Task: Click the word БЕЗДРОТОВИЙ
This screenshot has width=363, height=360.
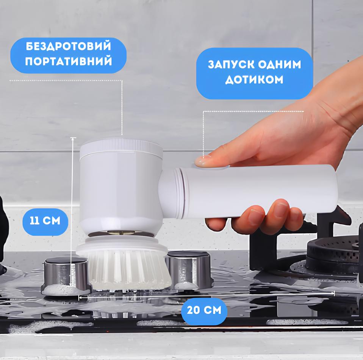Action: tap(68, 46)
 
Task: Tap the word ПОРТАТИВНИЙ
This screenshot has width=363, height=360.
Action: tap(69, 61)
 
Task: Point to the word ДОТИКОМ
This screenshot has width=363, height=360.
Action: tap(254, 80)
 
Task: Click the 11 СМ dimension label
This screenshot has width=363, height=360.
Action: tap(45, 221)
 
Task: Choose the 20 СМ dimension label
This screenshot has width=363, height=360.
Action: tap(204, 310)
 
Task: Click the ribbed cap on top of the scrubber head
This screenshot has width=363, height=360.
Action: tap(121, 146)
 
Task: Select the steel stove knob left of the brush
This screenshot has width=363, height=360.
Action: tap(66, 274)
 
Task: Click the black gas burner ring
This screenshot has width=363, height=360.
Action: tap(333, 255)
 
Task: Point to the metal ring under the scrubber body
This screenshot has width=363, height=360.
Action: tap(120, 233)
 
